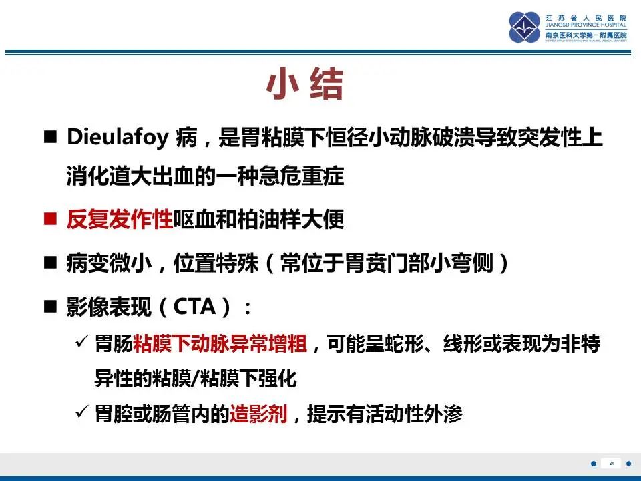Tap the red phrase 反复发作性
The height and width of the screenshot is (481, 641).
(120, 220)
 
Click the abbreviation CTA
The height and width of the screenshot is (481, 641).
(195, 307)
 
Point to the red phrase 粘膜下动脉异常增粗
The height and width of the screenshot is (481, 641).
(220, 345)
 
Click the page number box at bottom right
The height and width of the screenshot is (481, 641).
(611, 464)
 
